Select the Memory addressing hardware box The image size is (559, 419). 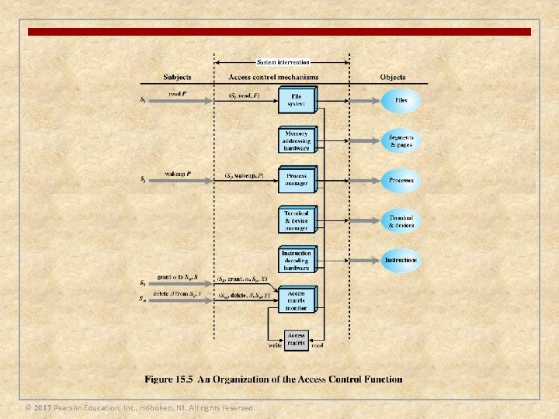pyautogui.click(x=297, y=140)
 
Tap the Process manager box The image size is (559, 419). pyautogui.click(x=297, y=180)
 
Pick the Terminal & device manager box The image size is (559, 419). pyautogui.click(x=297, y=220)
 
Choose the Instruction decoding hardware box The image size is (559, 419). pyautogui.click(x=297, y=260)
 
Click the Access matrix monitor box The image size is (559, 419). pyautogui.click(x=297, y=300)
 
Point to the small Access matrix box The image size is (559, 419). pyautogui.click(x=297, y=339)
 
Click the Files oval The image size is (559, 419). pyautogui.click(x=401, y=101)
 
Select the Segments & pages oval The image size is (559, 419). pyautogui.click(x=401, y=140)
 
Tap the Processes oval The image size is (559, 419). pyautogui.click(x=401, y=180)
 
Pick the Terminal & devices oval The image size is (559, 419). pyautogui.click(x=401, y=220)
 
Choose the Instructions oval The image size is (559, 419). pyautogui.click(x=401, y=260)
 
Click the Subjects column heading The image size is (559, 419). pyautogui.click(x=178, y=78)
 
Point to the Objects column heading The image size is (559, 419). pyautogui.click(x=393, y=78)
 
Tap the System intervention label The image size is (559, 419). pyautogui.click(x=283, y=62)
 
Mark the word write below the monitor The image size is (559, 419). pyautogui.click(x=274, y=346)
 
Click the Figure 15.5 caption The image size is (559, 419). pyautogui.click(x=273, y=379)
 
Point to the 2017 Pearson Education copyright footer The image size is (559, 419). pyautogui.click(x=140, y=407)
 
